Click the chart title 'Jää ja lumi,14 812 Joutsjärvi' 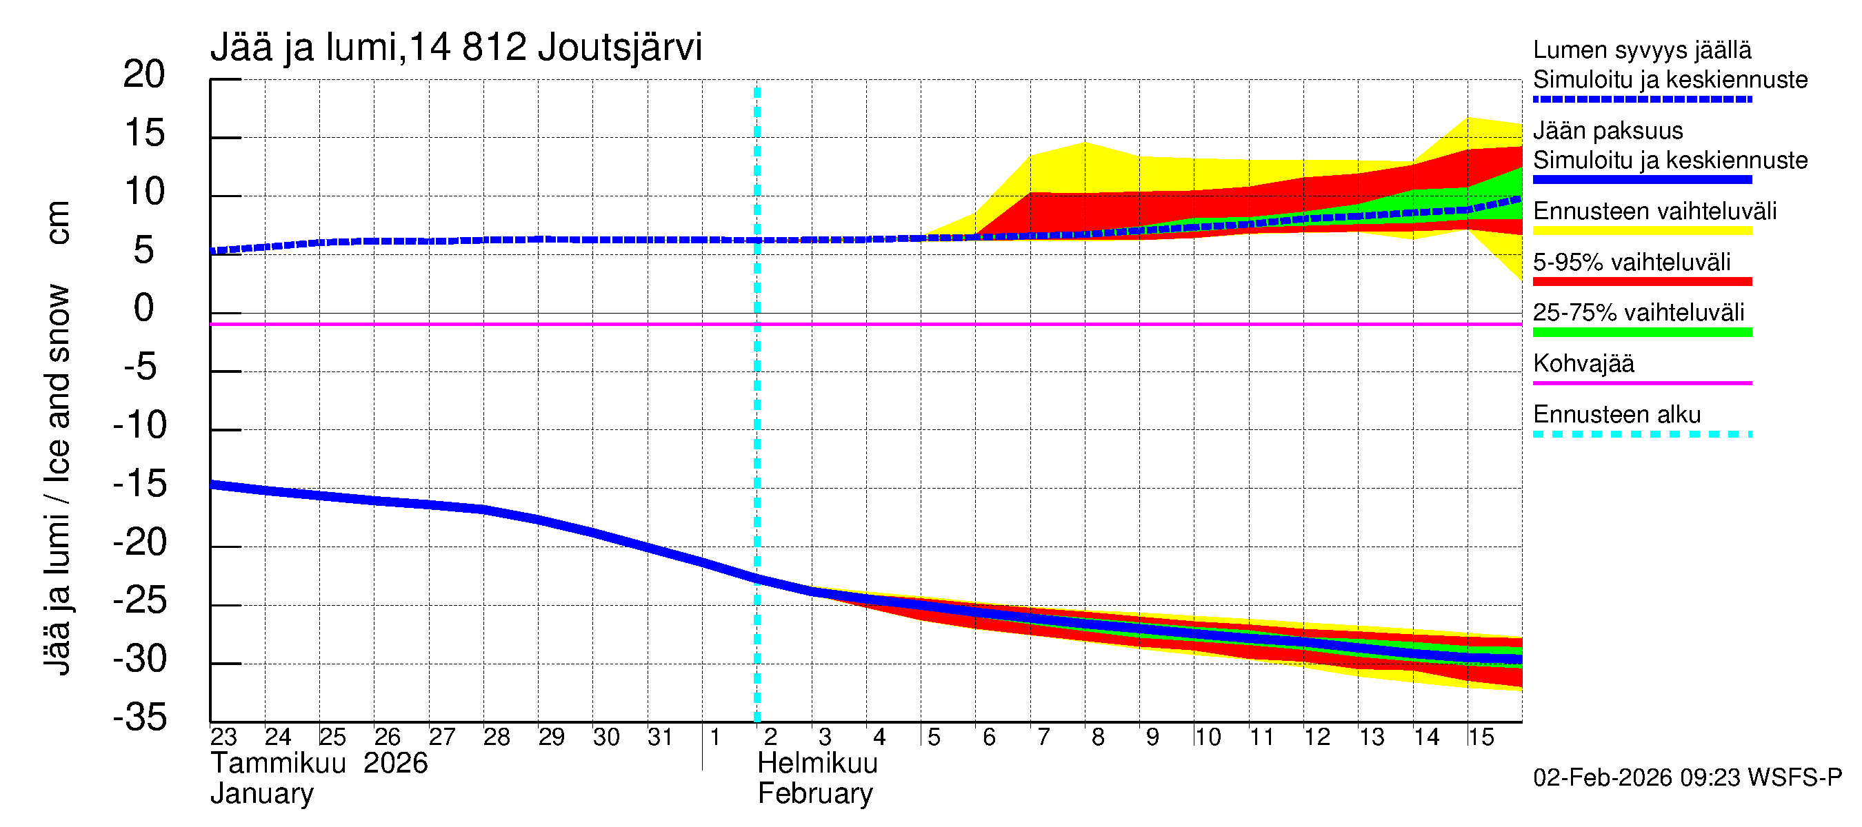[455, 48]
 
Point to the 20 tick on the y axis [144, 74]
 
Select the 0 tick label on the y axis [144, 309]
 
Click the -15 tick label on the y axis [139, 483]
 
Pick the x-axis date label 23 [223, 737]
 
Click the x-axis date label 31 [660, 737]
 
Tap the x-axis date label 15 [1481, 737]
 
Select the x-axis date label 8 [1097, 737]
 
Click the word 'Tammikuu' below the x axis [279, 764]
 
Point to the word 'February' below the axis [814, 794]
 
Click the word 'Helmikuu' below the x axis [817, 764]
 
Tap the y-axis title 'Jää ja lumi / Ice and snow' [58, 480]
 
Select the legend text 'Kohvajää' [1583, 363]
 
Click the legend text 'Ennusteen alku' [1616, 415]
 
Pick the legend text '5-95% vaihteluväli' [1632, 261]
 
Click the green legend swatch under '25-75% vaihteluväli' [1641, 332]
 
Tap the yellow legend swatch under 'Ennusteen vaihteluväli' [1641, 231]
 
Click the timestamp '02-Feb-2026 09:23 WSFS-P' [1687, 777]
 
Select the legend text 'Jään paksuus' [1608, 131]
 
